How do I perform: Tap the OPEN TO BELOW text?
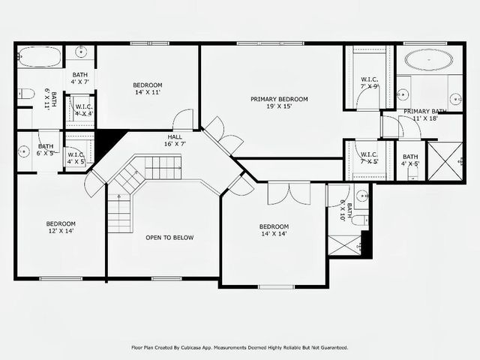pyautogui.click(x=169, y=238)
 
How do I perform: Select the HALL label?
pyautogui.click(x=174, y=136)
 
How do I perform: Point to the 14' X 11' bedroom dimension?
pyautogui.click(x=148, y=92)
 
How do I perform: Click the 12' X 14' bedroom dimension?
pyautogui.click(x=61, y=232)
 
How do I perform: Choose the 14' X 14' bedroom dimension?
pyautogui.click(x=274, y=234)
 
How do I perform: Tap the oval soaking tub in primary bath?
pyautogui.click(x=425, y=59)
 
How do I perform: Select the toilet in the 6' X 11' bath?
pyautogui.click(x=25, y=94)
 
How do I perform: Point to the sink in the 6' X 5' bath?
pyautogui.click(x=24, y=151)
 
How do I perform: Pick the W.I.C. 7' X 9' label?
pyautogui.click(x=370, y=82)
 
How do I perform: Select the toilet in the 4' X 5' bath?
pyautogui.click(x=412, y=173)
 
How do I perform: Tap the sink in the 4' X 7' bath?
pyautogui.click(x=80, y=52)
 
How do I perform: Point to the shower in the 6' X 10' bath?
pyautogui.click(x=345, y=245)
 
